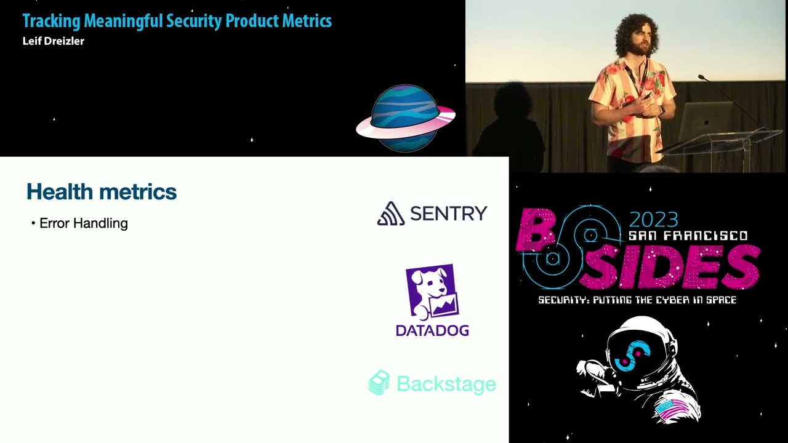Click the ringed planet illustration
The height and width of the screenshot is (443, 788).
[405, 118]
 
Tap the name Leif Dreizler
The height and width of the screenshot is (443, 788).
[53, 41]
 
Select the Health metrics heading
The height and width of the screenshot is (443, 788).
[102, 192]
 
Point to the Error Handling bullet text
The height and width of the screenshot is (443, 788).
[83, 223]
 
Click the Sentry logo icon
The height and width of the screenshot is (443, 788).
[390, 214]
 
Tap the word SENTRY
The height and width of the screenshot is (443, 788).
[448, 214]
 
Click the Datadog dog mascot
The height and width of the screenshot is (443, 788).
[432, 292]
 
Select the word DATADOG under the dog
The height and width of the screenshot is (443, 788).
[432, 331]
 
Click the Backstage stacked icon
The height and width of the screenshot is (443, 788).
[379, 383]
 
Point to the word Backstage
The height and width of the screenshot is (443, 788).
[446, 384]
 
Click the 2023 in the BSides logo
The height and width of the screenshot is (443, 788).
[653, 220]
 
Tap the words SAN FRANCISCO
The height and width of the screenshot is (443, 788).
[688, 236]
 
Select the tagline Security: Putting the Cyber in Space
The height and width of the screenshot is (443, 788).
[637, 300]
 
